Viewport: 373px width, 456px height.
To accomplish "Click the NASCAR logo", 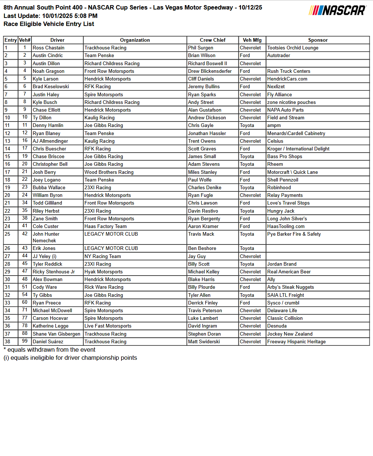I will point(337,10).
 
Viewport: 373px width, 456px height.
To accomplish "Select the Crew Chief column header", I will point(212,40).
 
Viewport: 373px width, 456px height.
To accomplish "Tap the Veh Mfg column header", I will point(252,40).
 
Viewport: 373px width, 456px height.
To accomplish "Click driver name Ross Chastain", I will point(48,48).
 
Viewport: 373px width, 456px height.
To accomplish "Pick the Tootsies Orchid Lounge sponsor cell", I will point(293,48).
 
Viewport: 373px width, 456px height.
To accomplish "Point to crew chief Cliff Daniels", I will point(201,79).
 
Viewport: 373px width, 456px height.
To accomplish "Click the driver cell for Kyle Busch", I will point(45,102).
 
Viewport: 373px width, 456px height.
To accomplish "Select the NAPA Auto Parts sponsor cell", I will point(285,110).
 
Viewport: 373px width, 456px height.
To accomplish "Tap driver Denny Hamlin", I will point(48,125).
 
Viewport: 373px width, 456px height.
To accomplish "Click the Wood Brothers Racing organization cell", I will point(109,172).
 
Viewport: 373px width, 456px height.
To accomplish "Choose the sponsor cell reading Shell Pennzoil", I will point(283,180).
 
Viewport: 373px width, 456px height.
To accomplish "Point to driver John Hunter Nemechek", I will point(46,237).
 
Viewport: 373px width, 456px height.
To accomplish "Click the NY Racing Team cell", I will point(102,256).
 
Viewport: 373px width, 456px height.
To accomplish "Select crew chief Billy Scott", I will point(199,264).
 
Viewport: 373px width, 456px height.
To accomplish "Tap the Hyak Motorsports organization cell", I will point(103,272).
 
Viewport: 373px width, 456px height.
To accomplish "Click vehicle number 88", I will point(25,333).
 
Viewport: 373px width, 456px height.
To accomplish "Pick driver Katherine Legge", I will point(50,326).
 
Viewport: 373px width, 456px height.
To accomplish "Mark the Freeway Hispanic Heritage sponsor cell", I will point(296,341).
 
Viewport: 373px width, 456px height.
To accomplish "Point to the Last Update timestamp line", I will point(50,16).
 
